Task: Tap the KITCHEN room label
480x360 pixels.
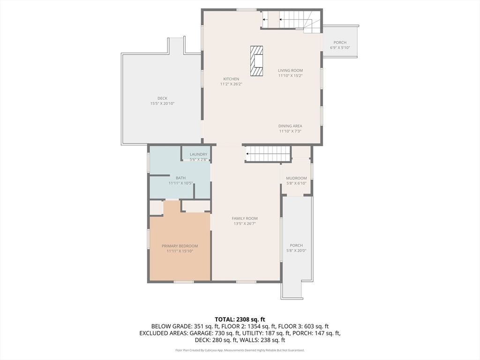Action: pos(231,79)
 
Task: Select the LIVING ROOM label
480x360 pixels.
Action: pos(290,70)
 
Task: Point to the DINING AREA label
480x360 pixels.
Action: pos(290,126)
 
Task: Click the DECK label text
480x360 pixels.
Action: pos(162,98)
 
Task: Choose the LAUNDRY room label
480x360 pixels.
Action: pos(198,154)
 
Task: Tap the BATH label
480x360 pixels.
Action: pos(180,178)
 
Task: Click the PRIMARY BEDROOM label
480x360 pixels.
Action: pos(180,246)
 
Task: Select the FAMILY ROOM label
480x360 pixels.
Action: pos(245,218)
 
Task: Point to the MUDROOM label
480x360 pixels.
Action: pos(296,178)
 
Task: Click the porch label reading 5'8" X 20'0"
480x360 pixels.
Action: pos(296,250)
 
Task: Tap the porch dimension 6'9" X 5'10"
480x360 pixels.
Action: pos(340,48)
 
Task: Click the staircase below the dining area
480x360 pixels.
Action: pos(268,154)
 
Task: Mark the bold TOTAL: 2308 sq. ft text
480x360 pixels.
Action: pos(240,320)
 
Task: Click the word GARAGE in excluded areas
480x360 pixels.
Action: pos(200,333)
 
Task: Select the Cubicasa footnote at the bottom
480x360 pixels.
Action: pos(240,350)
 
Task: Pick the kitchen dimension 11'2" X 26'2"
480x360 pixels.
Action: pos(231,84)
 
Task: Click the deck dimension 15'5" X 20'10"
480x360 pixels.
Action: pos(162,104)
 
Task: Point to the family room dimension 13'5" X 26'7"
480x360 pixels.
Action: pos(245,224)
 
